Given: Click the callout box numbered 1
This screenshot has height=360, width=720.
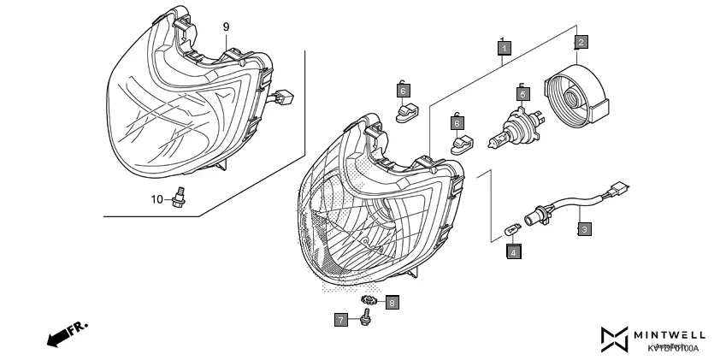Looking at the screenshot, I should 505,49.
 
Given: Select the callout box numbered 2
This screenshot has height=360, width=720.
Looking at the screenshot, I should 581,42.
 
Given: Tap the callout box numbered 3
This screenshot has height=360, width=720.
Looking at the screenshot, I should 583,228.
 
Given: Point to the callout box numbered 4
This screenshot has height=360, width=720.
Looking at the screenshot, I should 513,251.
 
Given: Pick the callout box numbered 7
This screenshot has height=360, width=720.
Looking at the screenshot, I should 341,320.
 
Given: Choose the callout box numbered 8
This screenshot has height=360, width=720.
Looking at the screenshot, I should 392,302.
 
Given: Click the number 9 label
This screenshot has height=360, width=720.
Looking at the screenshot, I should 227,27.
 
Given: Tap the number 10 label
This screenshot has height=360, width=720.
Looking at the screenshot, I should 157,199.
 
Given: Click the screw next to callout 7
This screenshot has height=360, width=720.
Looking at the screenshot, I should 367,318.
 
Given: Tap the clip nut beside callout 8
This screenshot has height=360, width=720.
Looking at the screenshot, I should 369,301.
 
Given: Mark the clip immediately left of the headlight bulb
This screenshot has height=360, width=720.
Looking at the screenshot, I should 462,142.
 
